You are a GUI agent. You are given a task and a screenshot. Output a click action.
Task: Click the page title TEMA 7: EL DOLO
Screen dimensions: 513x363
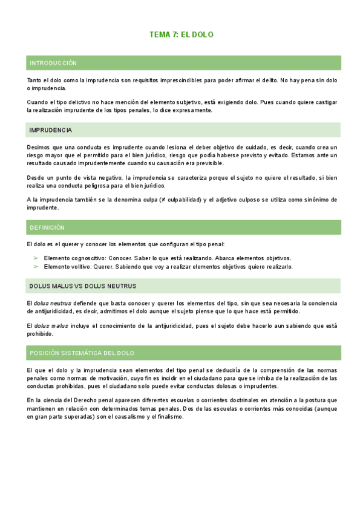(181, 35)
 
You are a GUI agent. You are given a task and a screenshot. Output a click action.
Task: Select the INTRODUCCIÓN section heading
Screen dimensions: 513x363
(53, 63)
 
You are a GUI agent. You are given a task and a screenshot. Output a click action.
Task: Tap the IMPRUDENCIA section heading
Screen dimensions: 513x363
(51, 130)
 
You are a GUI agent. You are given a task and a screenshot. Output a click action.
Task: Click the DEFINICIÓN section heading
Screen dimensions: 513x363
(47, 227)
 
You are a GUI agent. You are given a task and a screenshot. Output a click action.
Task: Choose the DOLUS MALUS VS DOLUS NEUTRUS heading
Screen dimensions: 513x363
(82, 286)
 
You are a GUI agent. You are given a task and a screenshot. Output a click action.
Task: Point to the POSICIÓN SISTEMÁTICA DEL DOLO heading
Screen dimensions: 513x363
(82, 353)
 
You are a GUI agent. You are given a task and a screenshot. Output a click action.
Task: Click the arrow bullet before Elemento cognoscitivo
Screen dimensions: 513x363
(36, 258)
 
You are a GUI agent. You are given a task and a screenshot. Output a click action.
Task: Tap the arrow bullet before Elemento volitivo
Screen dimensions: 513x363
(36, 266)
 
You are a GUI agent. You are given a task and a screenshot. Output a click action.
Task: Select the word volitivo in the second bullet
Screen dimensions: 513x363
(82, 266)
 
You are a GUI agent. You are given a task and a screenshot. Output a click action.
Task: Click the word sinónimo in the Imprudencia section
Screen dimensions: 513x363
(300, 199)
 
